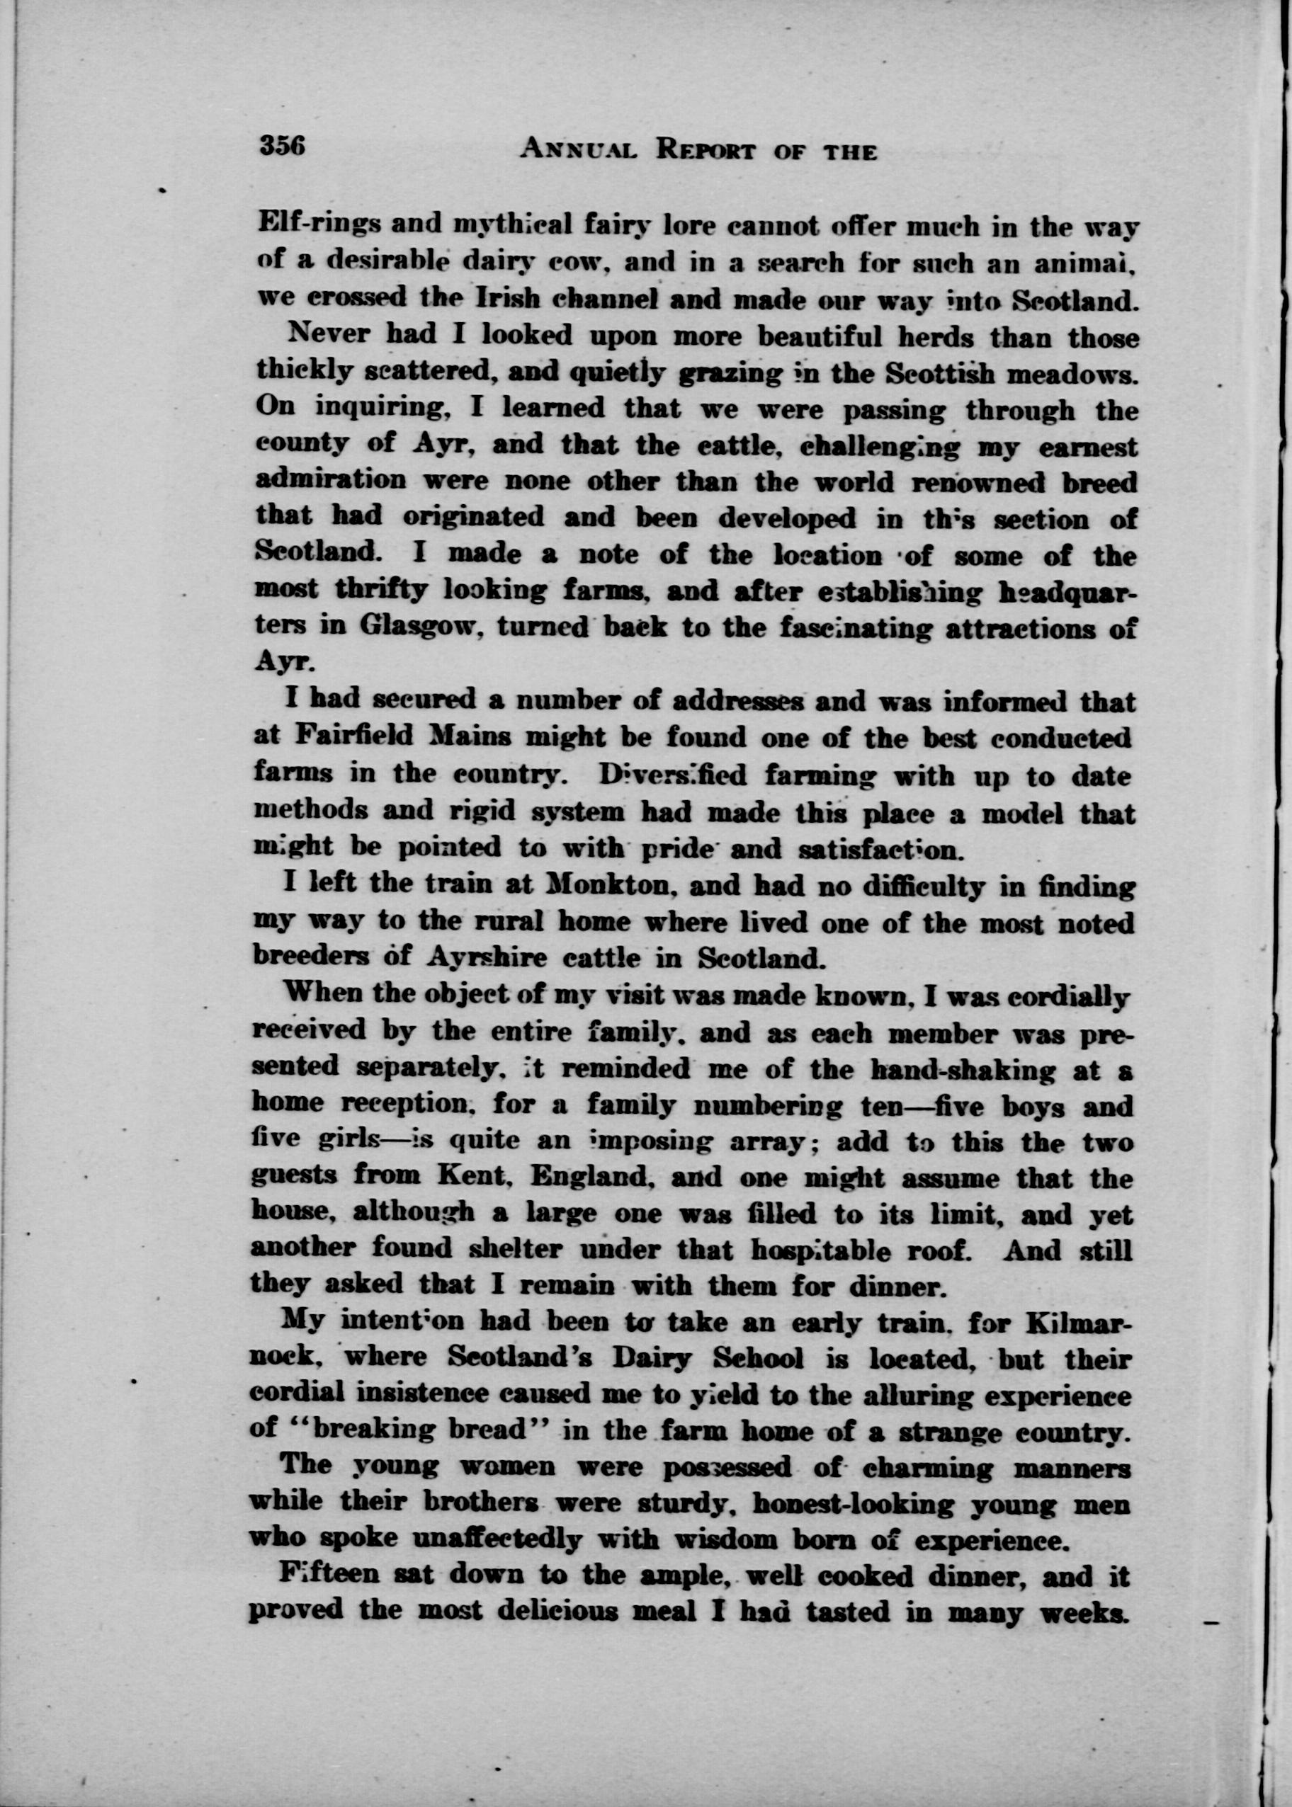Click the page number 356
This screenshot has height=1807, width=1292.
click(x=283, y=147)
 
